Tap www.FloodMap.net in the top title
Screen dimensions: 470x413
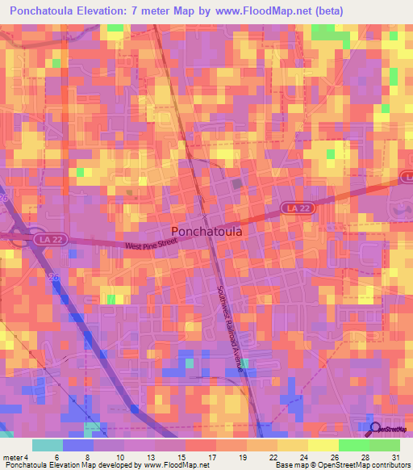tap(269, 11)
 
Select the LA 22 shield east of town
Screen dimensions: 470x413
tap(295, 208)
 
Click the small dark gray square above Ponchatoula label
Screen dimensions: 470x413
tap(237, 185)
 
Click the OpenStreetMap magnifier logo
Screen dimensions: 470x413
tap(376, 429)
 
